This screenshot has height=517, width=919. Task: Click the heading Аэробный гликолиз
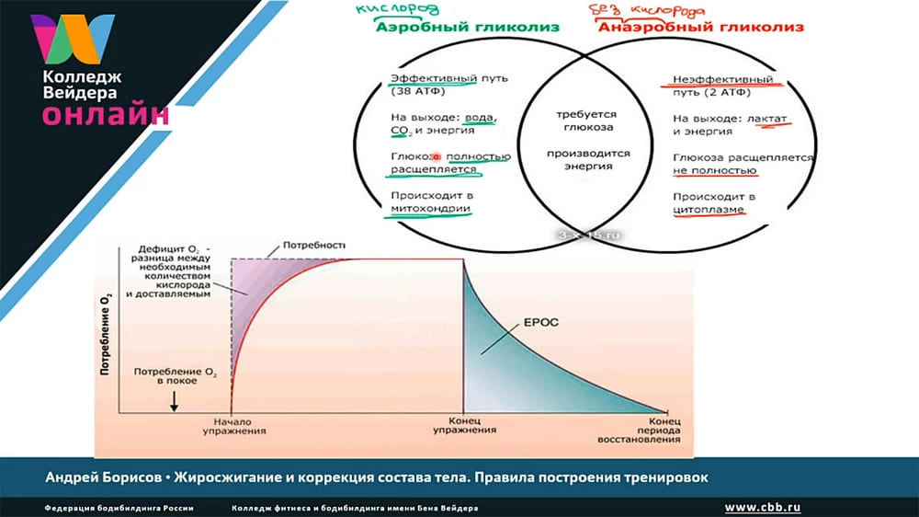468,28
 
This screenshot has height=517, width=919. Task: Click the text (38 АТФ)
418,93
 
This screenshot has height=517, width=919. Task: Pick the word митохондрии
431,209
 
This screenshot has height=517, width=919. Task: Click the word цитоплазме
709,209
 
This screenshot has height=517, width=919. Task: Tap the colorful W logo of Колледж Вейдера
73,40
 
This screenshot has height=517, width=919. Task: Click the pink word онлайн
106,115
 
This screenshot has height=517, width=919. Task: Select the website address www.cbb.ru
762,507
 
